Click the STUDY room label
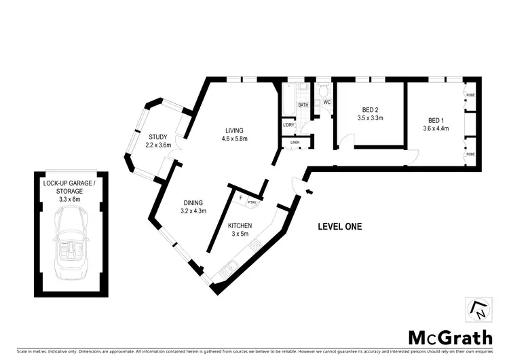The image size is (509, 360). (157, 137)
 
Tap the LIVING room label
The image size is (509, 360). (235, 131)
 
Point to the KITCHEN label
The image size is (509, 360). (240, 226)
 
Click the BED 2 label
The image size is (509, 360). (370, 110)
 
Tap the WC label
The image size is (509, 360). (326, 103)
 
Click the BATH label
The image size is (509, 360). (303, 105)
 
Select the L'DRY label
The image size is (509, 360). (288, 125)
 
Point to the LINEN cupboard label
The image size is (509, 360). (295, 143)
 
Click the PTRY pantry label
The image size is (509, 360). (251, 202)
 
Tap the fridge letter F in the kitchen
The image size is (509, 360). (240, 198)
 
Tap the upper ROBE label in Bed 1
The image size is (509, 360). (470, 94)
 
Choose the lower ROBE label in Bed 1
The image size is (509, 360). (470, 155)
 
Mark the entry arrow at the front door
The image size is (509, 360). (309, 192)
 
